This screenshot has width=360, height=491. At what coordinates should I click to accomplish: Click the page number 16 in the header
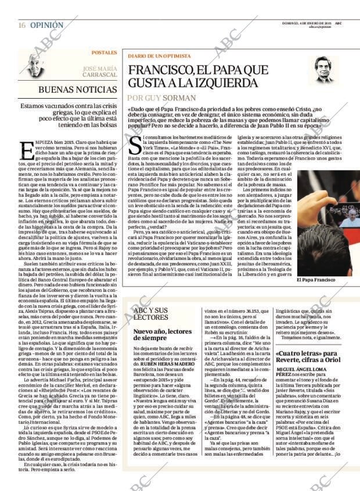21,26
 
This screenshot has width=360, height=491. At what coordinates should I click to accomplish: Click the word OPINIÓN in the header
46,26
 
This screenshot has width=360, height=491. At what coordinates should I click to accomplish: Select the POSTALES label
104,53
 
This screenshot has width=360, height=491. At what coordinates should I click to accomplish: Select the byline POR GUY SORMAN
159,98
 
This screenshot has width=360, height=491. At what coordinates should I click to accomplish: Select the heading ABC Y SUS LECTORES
150,314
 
